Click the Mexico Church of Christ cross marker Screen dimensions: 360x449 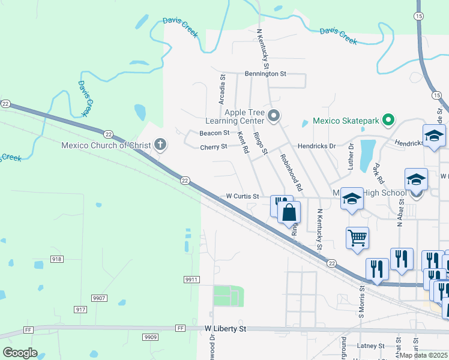click(160, 144)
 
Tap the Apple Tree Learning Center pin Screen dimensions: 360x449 click(274, 116)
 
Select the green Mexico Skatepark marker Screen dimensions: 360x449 click(388, 121)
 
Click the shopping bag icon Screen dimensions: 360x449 click(289, 212)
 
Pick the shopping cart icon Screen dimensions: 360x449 click(357, 237)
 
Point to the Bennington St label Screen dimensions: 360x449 click(266, 74)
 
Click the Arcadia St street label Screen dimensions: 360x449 click(222, 89)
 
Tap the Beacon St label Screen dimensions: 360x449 click(214, 133)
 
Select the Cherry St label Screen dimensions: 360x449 click(214, 146)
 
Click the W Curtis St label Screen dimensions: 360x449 click(242, 196)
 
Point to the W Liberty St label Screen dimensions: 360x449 click(225, 329)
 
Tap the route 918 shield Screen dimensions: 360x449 click(56, 259)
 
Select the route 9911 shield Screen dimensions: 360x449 click(191, 280)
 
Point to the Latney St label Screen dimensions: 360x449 click(370, 346)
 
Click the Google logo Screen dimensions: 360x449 click(20, 352)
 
